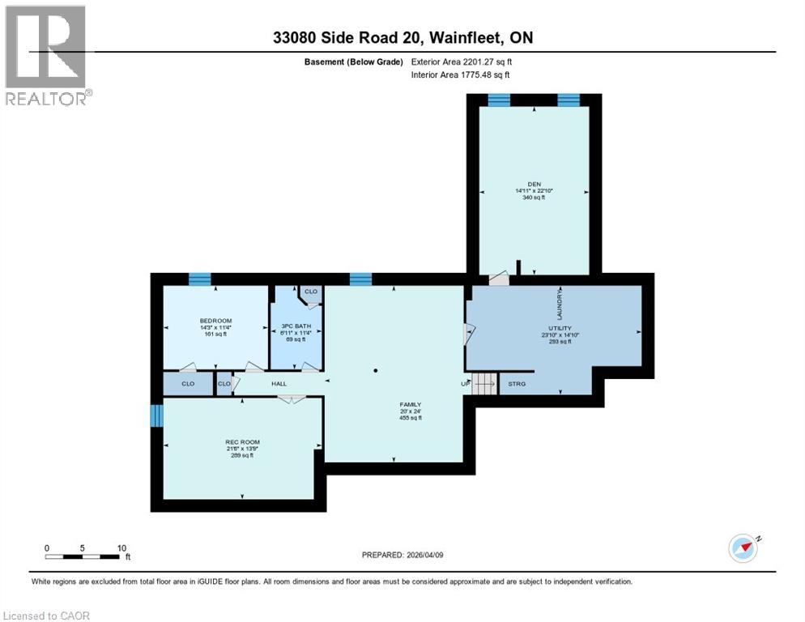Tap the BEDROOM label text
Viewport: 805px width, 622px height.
click(x=215, y=321)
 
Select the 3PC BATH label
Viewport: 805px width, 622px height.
click(x=296, y=326)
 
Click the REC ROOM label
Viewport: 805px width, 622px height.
click(x=241, y=441)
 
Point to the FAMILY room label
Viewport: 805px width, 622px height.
click(x=409, y=404)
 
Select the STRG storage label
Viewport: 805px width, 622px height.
click(x=516, y=384)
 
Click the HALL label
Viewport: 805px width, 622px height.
click(x=279, y=384)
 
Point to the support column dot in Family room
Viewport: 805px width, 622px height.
click(x=376, y=370)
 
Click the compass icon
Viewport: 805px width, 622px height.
click(x=743, y=548)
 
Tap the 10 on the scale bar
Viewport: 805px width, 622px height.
click(x=121, y=548)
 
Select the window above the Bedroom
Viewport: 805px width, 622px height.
click(x=200, y=279)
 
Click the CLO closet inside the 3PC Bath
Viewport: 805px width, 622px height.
click(x=310, y=292)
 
